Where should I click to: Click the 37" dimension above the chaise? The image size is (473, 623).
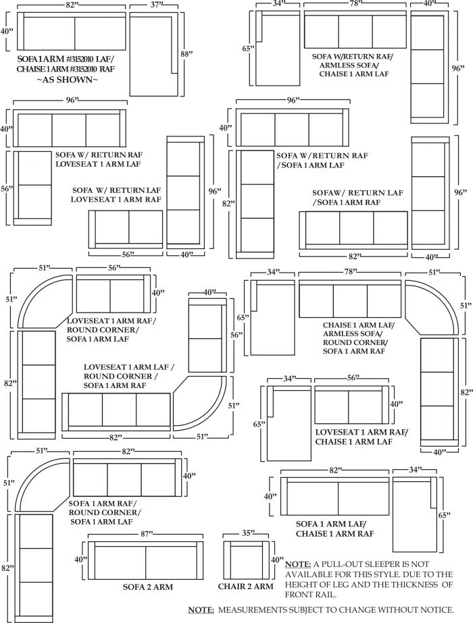pyautogui.click(x=155, y=5)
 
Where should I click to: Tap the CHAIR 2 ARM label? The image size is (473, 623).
pyautogui.click(x=245, y=587)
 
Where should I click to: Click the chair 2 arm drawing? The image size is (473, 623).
pyautogui.click(x=247, y=560)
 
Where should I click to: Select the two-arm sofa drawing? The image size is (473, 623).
pyautogui.click(x=145, y=560)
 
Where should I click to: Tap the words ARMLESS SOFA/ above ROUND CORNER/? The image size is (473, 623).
pyautogui.click(x=351, y=333)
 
